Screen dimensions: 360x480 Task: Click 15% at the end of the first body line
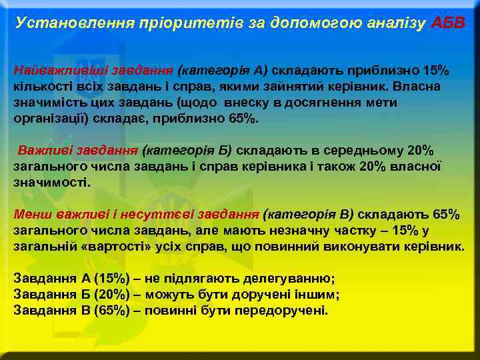pyautogui.click(x=436, y=70)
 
